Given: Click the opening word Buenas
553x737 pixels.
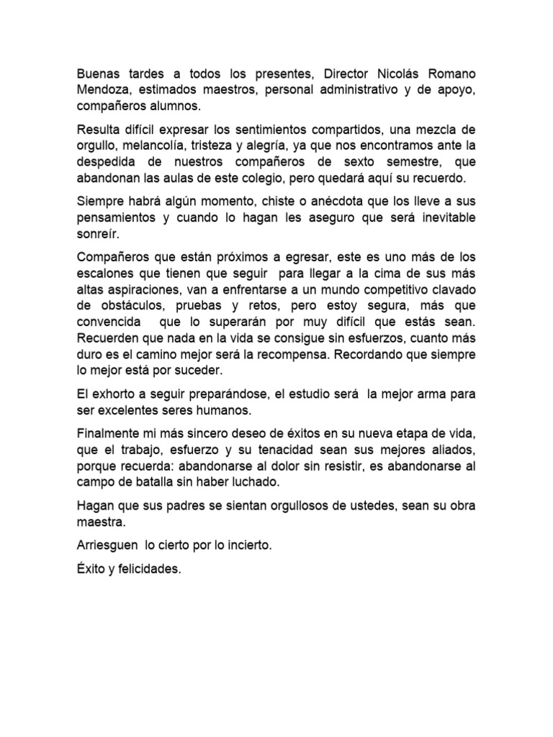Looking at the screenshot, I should click(x=97, y=76).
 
